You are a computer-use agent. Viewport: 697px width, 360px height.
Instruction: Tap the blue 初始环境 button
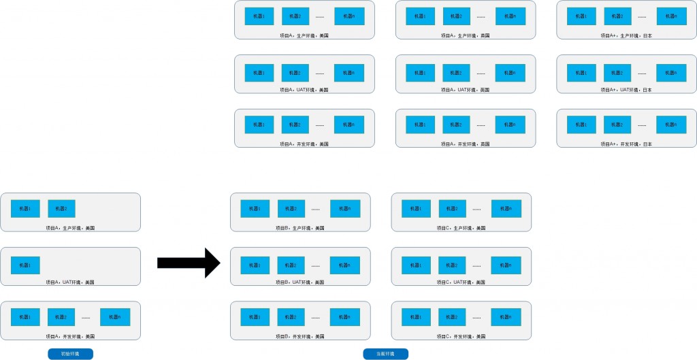tap(70, 354)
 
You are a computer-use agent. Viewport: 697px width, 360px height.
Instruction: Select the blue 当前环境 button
tap(385, 354)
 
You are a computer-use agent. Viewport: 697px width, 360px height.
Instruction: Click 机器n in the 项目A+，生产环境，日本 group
tap(671, 16)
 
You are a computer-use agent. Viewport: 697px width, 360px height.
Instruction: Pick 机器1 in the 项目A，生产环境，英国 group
tap(421, 16)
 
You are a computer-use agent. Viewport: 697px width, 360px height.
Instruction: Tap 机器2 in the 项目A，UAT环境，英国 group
tap(457, 71)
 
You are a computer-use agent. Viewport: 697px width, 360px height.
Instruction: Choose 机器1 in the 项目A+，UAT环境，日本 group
tap(581, 71)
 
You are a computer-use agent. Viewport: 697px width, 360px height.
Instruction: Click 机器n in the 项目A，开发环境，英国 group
tap(510, 125)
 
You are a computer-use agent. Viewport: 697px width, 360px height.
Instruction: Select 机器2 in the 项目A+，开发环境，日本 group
tap(618, 125)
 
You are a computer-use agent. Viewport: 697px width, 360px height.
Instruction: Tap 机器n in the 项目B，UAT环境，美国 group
tap(345, 263)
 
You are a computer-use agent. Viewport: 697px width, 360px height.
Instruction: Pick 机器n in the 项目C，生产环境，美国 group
tap(506, 209)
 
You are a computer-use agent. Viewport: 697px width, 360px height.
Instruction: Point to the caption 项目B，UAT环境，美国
tap(300, 282)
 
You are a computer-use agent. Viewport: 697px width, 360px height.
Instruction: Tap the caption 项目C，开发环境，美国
tap(461, 336)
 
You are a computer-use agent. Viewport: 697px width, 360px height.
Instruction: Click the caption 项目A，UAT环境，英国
tap(465, 89)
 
